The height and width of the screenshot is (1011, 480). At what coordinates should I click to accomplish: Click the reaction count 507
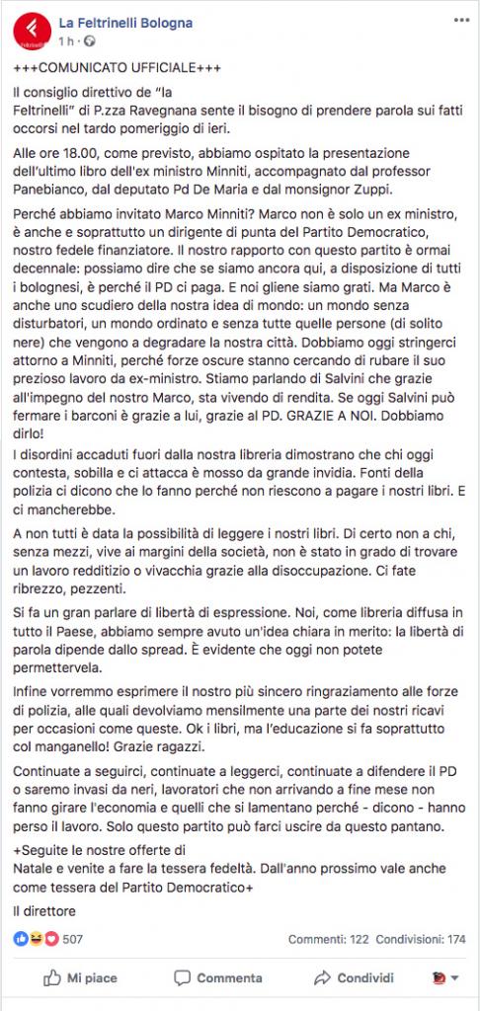(x=73, y=939)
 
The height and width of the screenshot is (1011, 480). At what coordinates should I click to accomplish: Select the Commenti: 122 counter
(x=330, y=939)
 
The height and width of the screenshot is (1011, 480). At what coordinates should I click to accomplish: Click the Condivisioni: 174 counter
(x=422, y=939)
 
